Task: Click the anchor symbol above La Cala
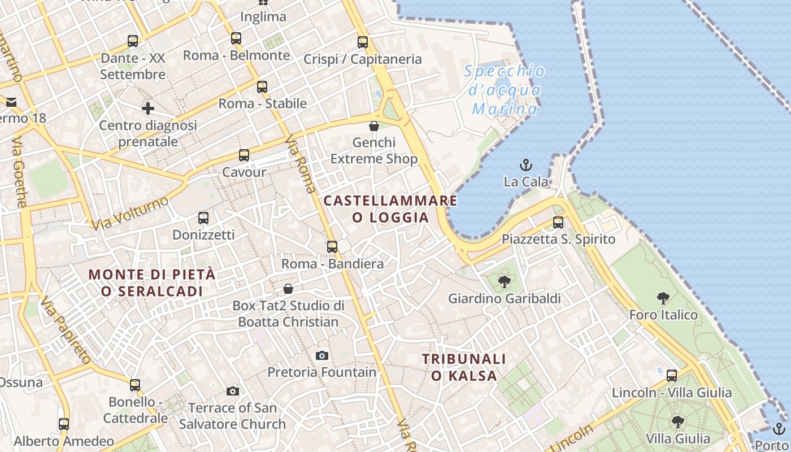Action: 526,165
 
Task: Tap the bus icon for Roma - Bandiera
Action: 332,247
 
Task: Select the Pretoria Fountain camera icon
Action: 322,355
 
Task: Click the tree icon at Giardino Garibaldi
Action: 504,281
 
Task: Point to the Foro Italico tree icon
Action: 663,298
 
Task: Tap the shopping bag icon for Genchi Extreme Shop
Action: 373,125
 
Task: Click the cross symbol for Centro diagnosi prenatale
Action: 148,108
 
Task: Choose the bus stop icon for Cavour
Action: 244,155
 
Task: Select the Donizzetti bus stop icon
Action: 203,218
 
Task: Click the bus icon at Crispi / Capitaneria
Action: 363,42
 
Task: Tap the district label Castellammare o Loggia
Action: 390,208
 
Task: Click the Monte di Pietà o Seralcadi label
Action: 152,282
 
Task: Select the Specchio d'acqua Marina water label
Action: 505,90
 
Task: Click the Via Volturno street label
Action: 130,213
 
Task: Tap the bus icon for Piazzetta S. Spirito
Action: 558,223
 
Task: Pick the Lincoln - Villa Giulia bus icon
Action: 672,376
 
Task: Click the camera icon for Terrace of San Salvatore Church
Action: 232,391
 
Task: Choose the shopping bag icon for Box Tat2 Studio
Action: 288,289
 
